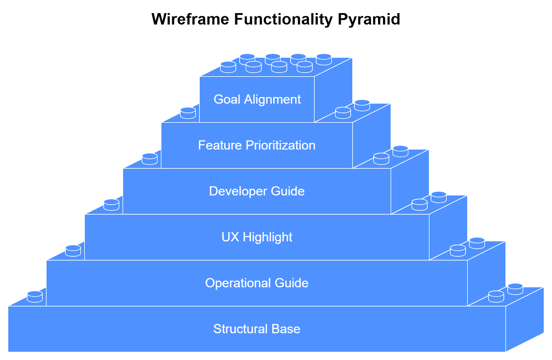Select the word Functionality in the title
click(x=283, y=19)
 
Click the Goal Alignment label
click(x=257, y=99)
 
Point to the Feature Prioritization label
click(x=257, y=145)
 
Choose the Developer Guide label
click(x=257, y=191)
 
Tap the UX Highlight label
click(x=257, y=237)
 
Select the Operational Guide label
click(x=257, y=283)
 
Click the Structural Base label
click(x=257, y=329)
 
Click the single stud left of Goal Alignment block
click(x=188, y=113)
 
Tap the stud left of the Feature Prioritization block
click(x=150, y=159)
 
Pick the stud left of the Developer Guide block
click(x=111, y=204)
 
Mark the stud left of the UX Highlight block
click(x=73, y=250)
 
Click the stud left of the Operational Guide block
click(x=35, y=296)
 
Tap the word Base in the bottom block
click(x=286, y=329)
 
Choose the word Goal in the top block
click(x=227, y=99)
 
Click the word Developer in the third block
click(x=238, y=191)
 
